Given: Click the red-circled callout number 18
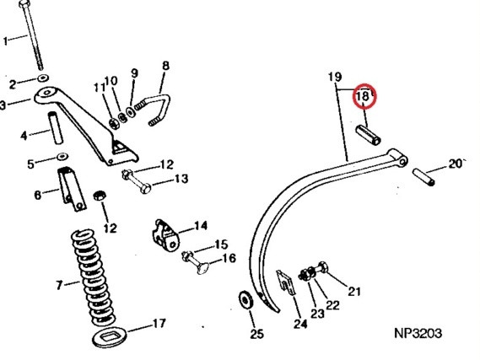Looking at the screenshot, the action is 364,96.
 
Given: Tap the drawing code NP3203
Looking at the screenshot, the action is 418,333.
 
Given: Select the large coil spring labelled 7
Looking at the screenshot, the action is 93,277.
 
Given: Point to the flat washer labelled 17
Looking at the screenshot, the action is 110,336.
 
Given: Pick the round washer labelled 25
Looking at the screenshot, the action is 245,299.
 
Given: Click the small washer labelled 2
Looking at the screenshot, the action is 43,78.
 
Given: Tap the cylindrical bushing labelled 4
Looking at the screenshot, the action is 56,128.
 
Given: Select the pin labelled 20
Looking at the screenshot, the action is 423,177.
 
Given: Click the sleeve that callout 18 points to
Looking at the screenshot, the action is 369,135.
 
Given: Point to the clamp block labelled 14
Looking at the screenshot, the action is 165,235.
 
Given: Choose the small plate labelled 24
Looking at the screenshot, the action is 286,282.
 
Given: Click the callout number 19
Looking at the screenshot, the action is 335,77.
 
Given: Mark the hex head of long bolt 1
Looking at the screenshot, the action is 24,4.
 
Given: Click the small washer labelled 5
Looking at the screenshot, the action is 62,157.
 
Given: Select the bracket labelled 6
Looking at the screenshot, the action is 72,189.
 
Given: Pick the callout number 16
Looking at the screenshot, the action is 229,259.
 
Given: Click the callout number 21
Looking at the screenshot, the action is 354,291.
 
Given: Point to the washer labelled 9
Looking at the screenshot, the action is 131,111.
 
